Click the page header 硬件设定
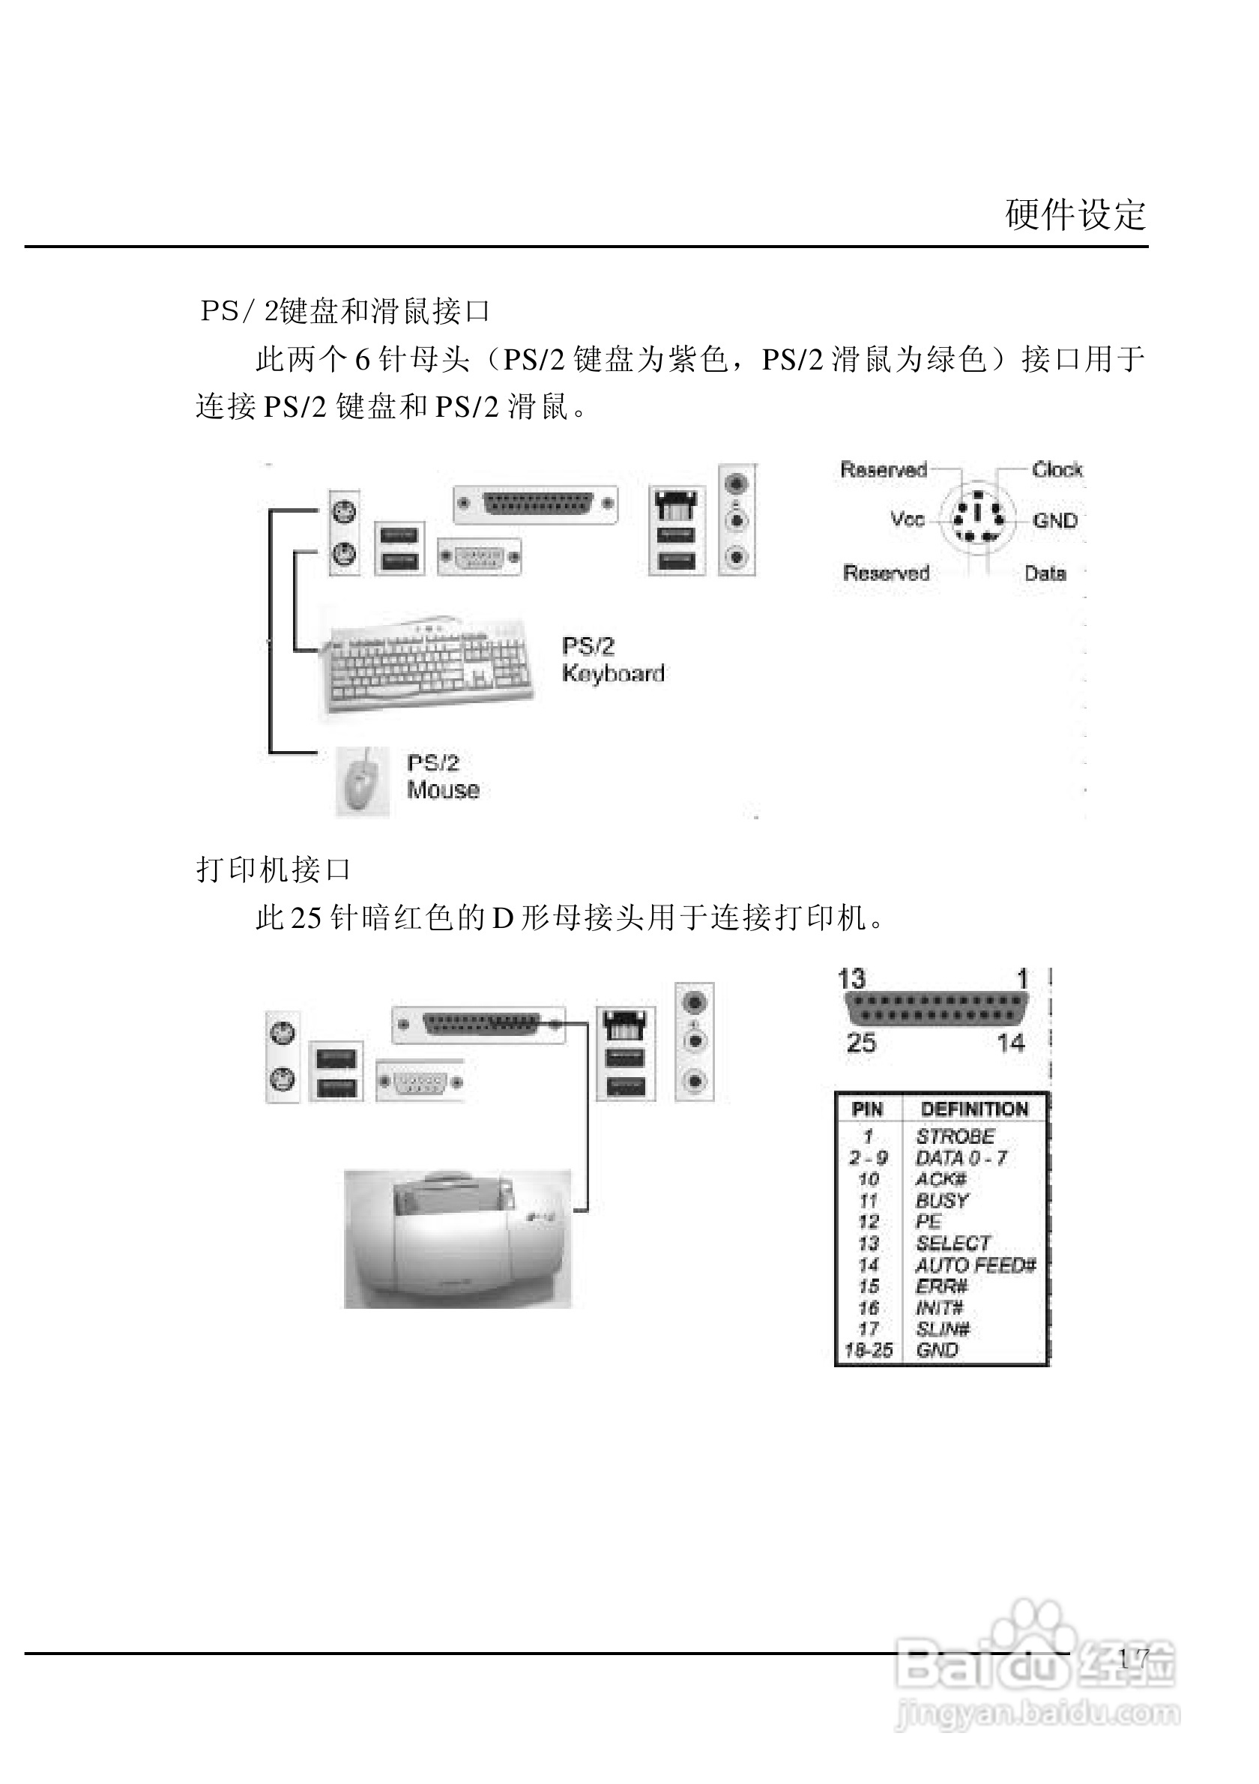[1075, 215]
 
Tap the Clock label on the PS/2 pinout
[1057, 469]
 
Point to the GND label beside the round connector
[1054, 521]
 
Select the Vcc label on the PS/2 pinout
[908, 519]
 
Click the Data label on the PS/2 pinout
[1045, 573]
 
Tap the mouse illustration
[362, 782]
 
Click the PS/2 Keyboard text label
[613, 660]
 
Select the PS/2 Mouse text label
[443, 777]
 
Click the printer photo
[457, 1238]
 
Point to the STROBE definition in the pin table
[955, 1136]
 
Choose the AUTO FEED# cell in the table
[976, 1265]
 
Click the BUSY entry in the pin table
[942, 1201]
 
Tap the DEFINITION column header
[974, 1109]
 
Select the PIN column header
[867, 1109]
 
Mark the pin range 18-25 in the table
[869, 1351]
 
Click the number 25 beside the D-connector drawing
[860, 1043]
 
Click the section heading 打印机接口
[274, 870]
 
